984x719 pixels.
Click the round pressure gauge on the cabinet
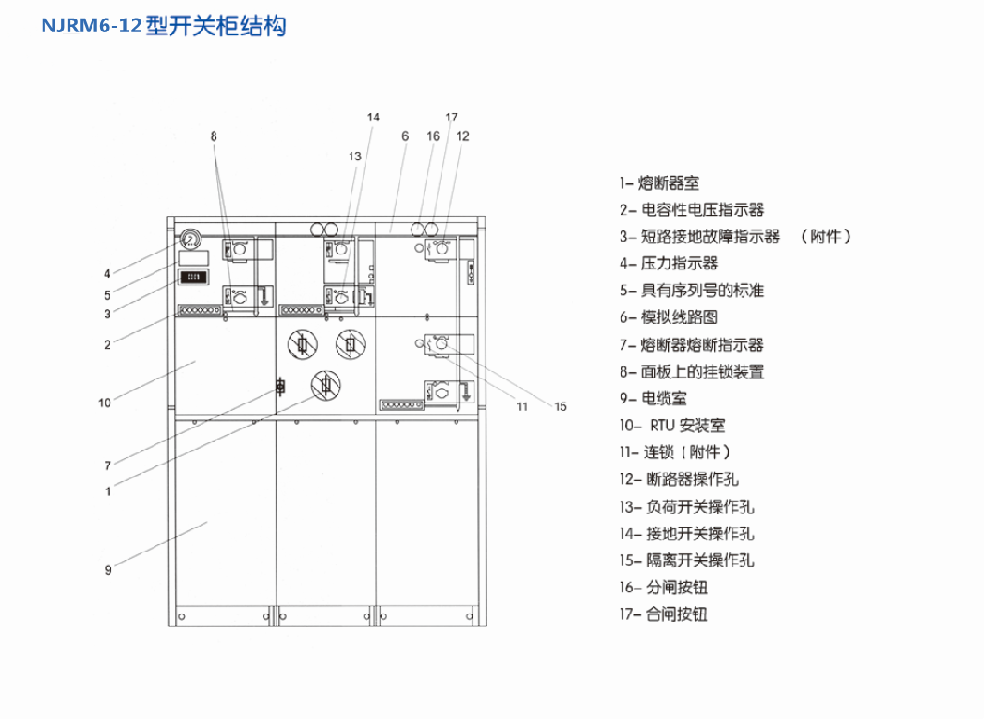tap(191, 239)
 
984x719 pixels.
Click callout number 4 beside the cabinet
tap(107, 273)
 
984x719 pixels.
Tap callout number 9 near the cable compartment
tap(108, 570)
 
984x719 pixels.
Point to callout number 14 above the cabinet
tap(373, 118)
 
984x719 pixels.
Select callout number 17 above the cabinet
tap(451, 118)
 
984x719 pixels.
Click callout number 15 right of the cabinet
tap(560, 405)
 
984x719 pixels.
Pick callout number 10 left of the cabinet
tap(105, 403)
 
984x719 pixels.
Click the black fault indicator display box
tap(193, 276)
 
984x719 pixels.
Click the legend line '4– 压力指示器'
tap(669, 264)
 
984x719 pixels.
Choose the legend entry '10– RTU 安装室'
tap(672, 426)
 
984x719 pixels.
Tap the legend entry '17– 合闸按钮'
tap(664, 614)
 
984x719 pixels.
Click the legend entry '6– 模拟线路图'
tap(669, 317)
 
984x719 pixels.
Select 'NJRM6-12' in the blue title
tap(92, 26)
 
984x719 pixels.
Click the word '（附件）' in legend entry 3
tap(825, 237)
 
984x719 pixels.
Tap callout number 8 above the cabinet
tap(214, 136)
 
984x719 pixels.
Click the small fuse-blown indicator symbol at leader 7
tap(280, 387)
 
